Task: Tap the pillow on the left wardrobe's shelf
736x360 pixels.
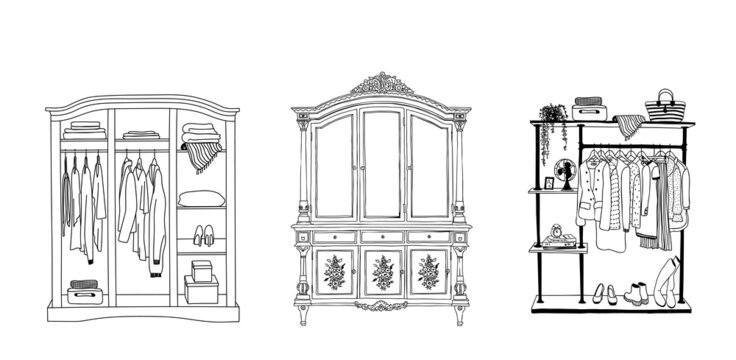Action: [x=201, y=198]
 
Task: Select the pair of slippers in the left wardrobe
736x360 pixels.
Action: [x=202, y=237]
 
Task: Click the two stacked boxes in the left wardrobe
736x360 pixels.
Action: [x=201, y=282]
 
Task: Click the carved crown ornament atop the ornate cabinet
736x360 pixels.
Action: [x=381, y=83]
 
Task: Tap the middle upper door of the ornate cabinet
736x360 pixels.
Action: [x=381, y=165]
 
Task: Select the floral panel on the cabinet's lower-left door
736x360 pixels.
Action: [x=335, y=272]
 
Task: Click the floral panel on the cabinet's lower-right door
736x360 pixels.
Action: [x=429, y=272]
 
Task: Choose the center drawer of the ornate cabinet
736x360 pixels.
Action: [x=382, y=237]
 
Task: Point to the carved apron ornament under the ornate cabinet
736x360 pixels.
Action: [x=382, y=305]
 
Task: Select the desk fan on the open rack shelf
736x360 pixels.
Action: [x=567, y=173]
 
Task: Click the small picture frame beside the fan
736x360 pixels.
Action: [x=548, y=182]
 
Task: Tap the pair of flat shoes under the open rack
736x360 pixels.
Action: [x=603, y=293]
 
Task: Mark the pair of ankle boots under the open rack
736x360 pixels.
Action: [x=637, y=292]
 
